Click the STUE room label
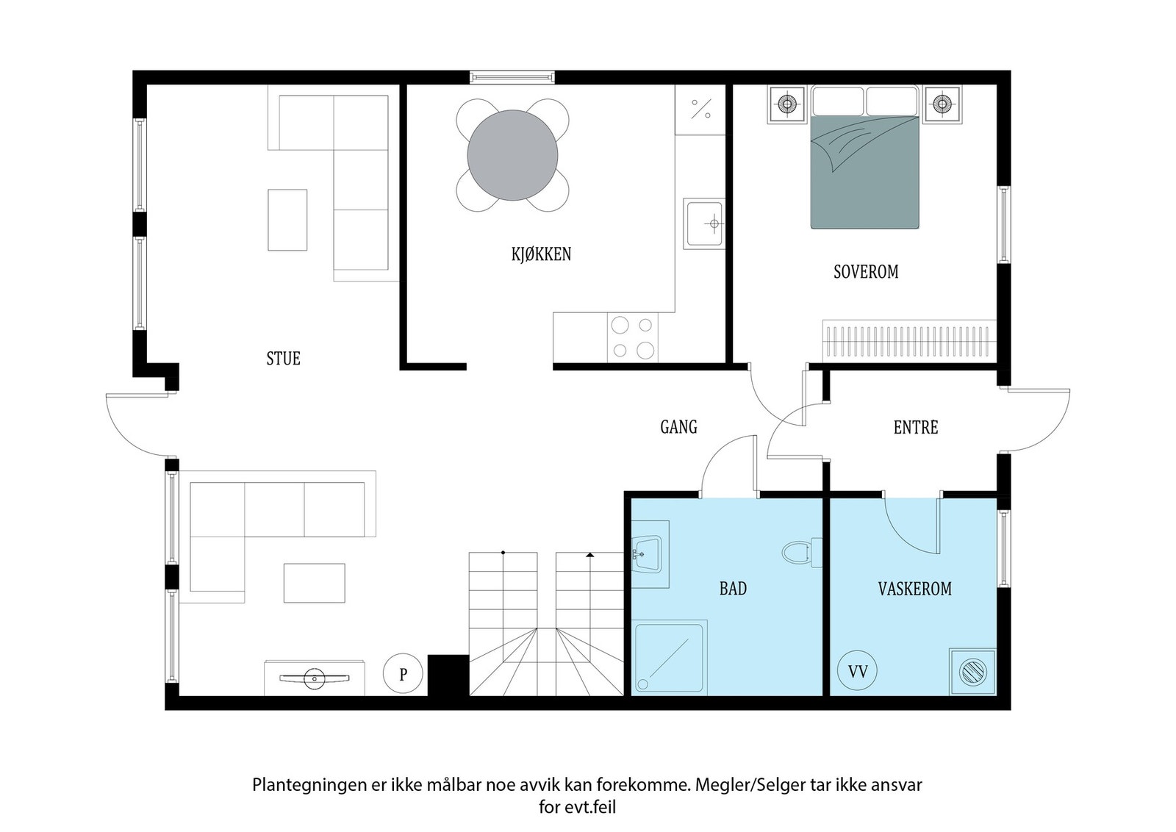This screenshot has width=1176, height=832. [x=283, y=359]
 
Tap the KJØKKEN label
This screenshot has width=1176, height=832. [x=541, y=254]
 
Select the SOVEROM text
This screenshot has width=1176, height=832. [x=866, y=272]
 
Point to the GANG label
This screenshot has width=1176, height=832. [x=678, y=427]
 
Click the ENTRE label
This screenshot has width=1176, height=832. [x=915, y=427]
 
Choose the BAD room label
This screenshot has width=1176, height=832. [x=733, y=589]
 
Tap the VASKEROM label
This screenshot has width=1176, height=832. [x=914, y=589]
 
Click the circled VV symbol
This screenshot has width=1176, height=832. [x=858, y=671]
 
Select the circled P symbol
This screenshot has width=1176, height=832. [x=403, y=674]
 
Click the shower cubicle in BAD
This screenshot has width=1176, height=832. [x=670, y=657]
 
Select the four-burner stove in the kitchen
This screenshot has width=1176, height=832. [x=633, y=337]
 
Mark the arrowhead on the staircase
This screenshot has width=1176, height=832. [x=589, y=555]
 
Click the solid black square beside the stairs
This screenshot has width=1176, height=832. [x=448, y=674]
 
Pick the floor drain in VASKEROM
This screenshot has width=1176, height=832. [x=972, y=671]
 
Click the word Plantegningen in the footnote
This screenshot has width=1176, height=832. [x=302, y=784]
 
